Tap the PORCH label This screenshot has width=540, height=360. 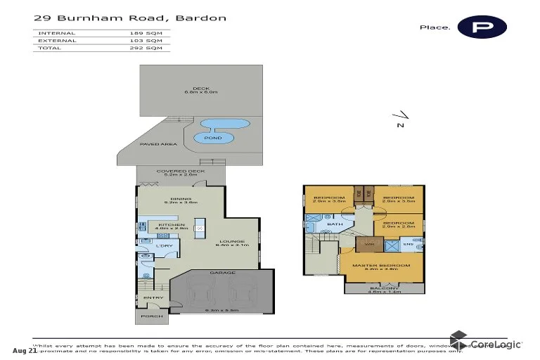click(x=151, y=316)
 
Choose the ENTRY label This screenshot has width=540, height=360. click(x=153, y=297)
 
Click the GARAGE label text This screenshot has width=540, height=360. click(x=223, y=273)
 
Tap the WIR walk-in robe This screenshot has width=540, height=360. click(x=366, y=245)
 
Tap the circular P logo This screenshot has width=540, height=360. click(x=482, y=26)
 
